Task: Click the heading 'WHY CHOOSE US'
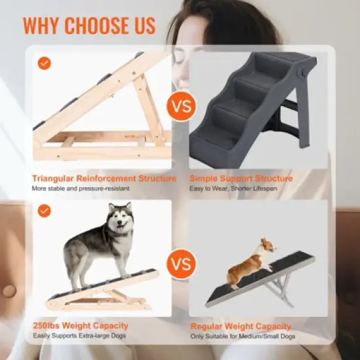point(90,25)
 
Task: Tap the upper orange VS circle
point(181,105)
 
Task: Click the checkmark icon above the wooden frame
point(44,63)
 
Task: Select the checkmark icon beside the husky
point(44,211)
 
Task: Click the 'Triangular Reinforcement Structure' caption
point(104,178)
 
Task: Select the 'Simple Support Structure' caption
point(241,178)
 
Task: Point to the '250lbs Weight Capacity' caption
point(81,325)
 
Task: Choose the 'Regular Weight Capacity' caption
point(241,325)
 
